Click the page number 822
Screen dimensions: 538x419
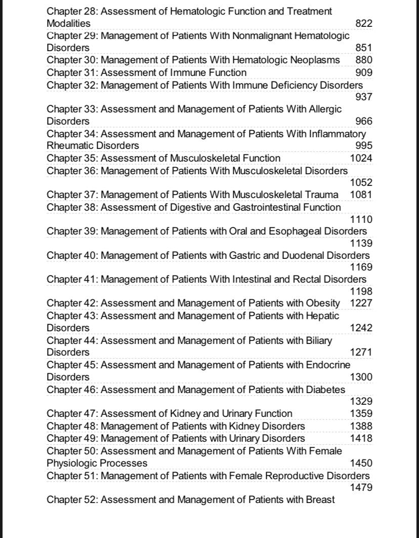click(364, 23)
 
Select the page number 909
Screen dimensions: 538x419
click(364, 72)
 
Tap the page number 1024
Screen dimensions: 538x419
click(361, 158)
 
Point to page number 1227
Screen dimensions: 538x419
click(361, 303)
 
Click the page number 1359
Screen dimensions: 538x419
click(361, 414)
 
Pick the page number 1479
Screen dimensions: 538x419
click(361, 487)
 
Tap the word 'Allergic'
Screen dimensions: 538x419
click(325, 109)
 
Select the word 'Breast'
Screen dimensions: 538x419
click(320, 500)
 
